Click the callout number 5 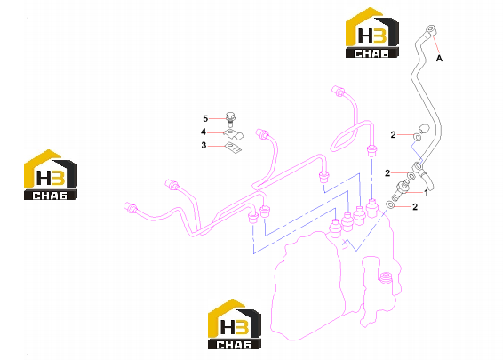205,119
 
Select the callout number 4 204,132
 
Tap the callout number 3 204,146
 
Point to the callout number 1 426,193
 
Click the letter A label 440,59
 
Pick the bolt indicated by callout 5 230,120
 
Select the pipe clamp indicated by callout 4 233,134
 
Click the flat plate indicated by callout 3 233,148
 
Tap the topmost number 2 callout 394,135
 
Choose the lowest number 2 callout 415,207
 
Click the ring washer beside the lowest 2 390,204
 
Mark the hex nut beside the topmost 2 417,137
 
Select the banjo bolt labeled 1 400,190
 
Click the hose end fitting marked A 430,31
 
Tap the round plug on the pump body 386,277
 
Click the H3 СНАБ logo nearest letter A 372,33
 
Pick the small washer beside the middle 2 411,176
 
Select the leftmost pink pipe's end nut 130,207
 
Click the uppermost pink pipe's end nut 338,91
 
